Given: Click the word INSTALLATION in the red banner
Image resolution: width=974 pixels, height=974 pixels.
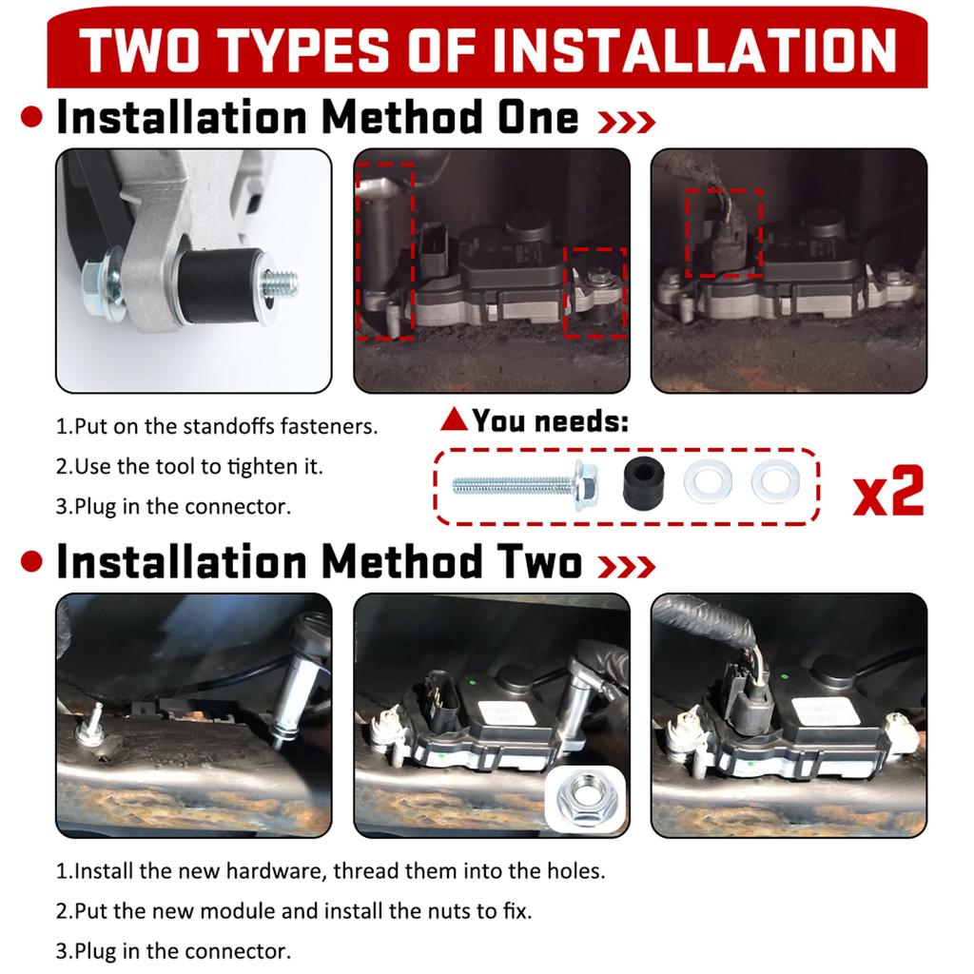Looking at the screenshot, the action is tap(693, 50).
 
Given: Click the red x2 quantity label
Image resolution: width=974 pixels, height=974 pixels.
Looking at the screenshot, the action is tap(888, 491).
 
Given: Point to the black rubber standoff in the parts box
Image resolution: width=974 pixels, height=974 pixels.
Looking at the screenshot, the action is tap(644, 482).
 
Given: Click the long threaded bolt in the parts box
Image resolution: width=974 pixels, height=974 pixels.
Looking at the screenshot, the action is tap(525, 485).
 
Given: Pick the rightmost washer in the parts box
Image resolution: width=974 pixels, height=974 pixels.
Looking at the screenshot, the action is tap(775, 481).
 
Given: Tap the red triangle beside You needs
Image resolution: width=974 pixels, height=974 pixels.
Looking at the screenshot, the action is tap(454, 419).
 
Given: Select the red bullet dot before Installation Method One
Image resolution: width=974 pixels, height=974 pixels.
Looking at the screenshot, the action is tap(31, 117).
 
